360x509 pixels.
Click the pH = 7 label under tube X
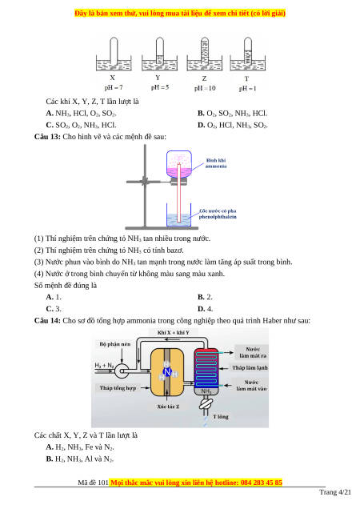(x=114, y=88)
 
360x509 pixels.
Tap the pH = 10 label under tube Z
(x=205, y=88)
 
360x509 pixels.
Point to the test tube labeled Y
(x=159, y=51)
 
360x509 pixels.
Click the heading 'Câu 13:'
(x=47, y=137)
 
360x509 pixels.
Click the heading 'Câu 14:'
(x=47, y=321)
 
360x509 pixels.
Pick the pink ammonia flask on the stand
(x=179, y=164)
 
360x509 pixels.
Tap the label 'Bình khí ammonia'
(x=216, y=163)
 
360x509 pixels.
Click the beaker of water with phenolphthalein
(x=178, y=214)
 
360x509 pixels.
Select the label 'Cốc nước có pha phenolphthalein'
(x=218, y=214)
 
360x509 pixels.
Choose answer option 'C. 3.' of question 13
(x=54, y=309)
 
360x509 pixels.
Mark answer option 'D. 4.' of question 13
(x=205, y=309)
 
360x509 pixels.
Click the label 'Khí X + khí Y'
(x=174, y=332)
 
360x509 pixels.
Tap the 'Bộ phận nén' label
(x=115, y=344)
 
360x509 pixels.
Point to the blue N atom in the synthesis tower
(x=167, y=372)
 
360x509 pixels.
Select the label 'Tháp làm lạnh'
(x=250, y=368)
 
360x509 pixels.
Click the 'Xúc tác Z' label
(x=168, y=407)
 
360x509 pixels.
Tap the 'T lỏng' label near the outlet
(x=221, y=417)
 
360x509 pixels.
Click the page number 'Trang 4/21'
(x=335, y=492)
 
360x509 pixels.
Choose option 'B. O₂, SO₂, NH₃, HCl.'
(x=233, y=114)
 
